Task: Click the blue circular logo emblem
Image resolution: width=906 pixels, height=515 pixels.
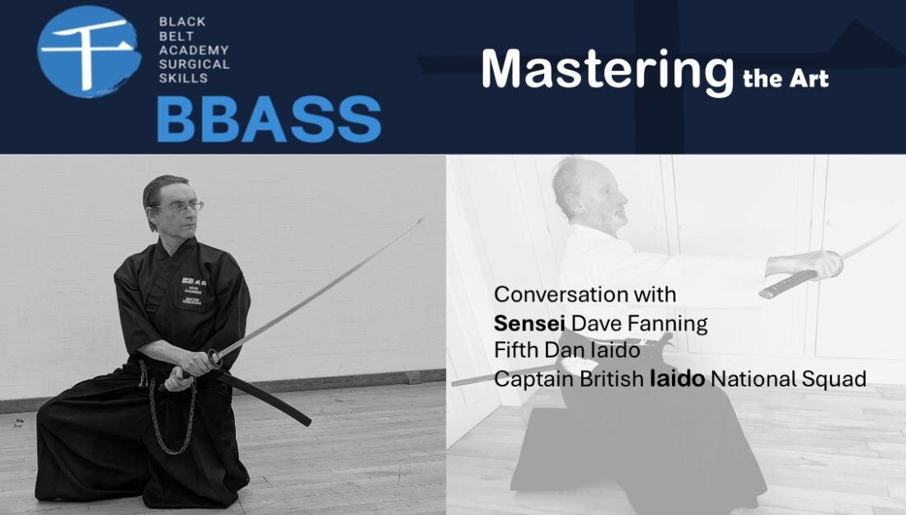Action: [89, 51]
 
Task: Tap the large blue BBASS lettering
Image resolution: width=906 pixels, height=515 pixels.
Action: [269, 119]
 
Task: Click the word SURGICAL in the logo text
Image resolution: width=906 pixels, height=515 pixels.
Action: [195, 64]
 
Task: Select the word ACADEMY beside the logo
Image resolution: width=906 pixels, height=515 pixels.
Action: [195, 50]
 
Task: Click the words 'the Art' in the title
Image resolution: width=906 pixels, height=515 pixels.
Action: [786, 78]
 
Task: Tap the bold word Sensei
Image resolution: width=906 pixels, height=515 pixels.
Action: [529, 323]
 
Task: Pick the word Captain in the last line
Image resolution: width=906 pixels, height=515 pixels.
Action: [534, 379]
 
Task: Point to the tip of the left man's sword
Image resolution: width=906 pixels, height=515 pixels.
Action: [423, 219]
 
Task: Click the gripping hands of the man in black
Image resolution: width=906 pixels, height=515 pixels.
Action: [190, 369]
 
